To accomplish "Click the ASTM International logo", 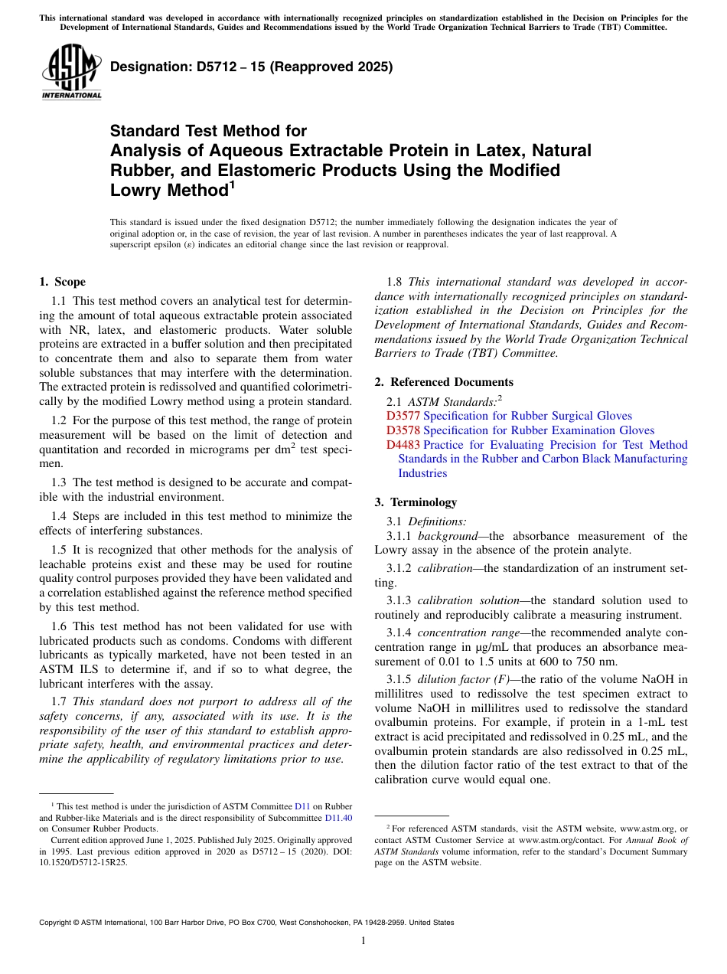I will (71, 74).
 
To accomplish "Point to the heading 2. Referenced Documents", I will (444, 382).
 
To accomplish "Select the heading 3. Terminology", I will (426, 502).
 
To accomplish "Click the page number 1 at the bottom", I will (363, 940).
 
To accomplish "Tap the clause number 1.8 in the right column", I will (395, 282).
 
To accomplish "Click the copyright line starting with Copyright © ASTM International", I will (246, 923).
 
